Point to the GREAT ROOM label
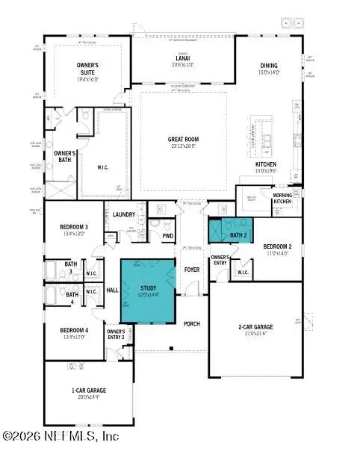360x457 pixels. click(x=181, y=138)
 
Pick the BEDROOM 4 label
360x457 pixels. click(x=75, y=329)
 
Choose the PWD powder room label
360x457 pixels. click(x=168, y=236)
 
